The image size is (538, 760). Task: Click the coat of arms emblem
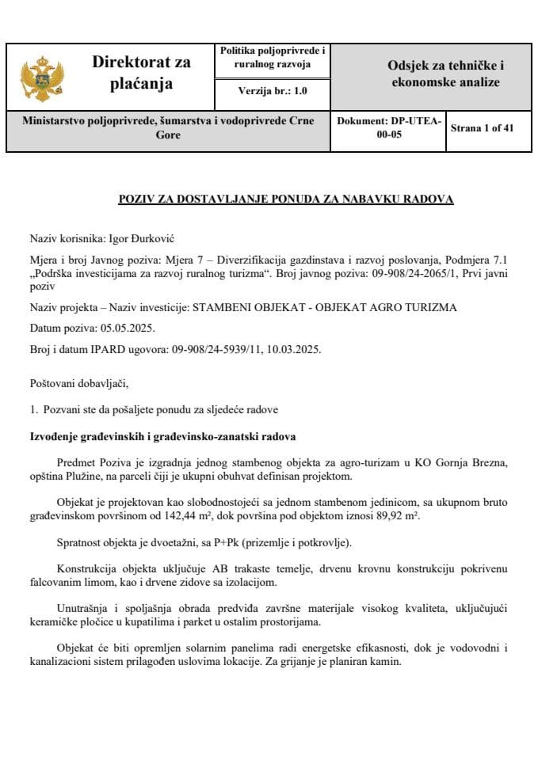pos(38,77)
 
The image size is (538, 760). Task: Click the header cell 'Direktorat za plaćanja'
pos(141,73)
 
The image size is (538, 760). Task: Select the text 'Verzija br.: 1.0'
pos(273,91)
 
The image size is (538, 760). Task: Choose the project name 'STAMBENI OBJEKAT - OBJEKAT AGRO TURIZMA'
pos(325,307)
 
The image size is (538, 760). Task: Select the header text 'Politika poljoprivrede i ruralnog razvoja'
pos(273,58)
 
